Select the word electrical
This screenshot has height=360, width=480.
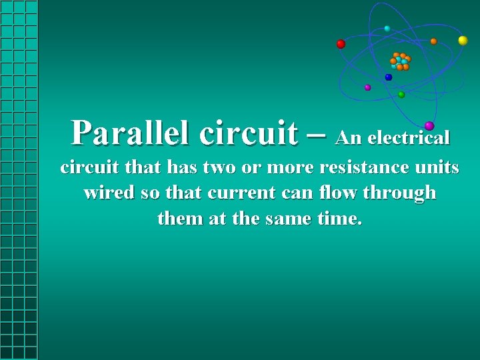pyautogui.click(x=409, y=138)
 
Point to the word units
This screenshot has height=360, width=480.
pyautogui.click(x=437, y=167)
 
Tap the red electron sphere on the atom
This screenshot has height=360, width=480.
pyautogui.click(x=341, y=44)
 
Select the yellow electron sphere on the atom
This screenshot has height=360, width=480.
pyautogui.click(x=463, y=41)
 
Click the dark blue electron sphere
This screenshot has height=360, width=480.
pyautogui.click(x=389, y=77)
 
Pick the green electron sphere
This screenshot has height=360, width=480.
pyautogui.click(x=401, y=95)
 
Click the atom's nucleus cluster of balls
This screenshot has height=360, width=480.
pyautogui.click(x=401, y=61)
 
